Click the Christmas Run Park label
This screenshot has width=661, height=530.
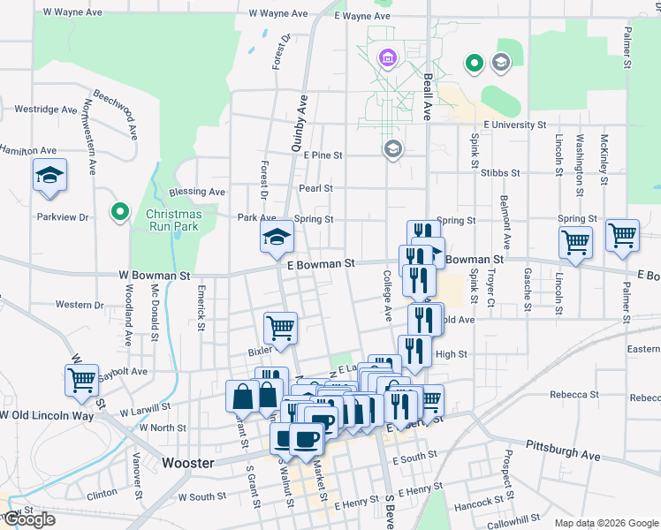click(x=173, y=220)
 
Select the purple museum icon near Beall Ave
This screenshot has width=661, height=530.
click(x=386, y=60)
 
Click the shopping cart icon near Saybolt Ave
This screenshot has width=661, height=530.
click(x=81, y=380)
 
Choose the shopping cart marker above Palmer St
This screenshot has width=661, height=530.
click(x=622, y=236)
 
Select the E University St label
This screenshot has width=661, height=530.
click(x=522, y=125)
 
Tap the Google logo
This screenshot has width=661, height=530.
click(x=28, y=520)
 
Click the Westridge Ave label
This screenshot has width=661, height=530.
click(x=45, y=110)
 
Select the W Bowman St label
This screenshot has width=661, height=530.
click(x=155, y=276)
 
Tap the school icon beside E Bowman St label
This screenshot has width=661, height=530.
click(x=277, y=236)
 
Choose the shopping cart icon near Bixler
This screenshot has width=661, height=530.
click(x=280, y=327)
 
